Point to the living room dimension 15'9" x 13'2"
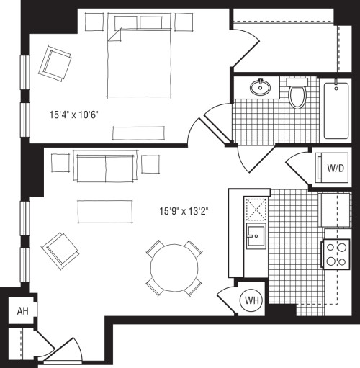point(183,212)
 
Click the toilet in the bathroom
point(297,94)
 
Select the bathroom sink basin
point(260,89)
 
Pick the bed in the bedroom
point(140,63)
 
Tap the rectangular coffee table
point(106,211)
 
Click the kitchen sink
point(255,235)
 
